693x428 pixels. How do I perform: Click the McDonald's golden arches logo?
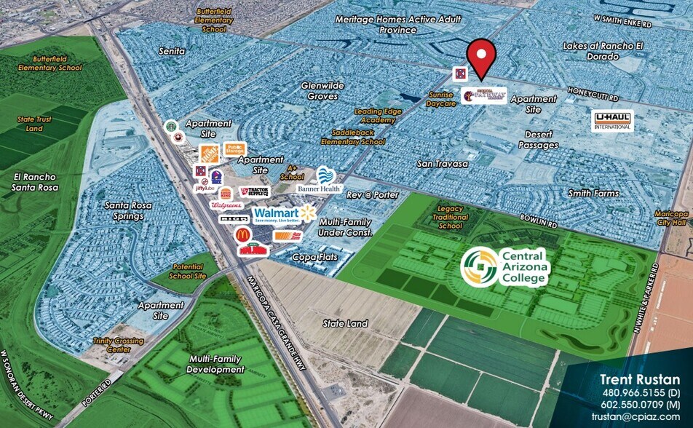point(243,234)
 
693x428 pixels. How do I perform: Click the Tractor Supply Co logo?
point(254,191)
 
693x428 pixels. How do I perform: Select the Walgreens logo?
point(226,206)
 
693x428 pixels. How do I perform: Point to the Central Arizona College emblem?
point(480,266)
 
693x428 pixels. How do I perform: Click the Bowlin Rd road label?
point(539,218)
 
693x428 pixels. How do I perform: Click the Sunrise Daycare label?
point(441,99)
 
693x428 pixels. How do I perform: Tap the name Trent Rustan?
point(640,379)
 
